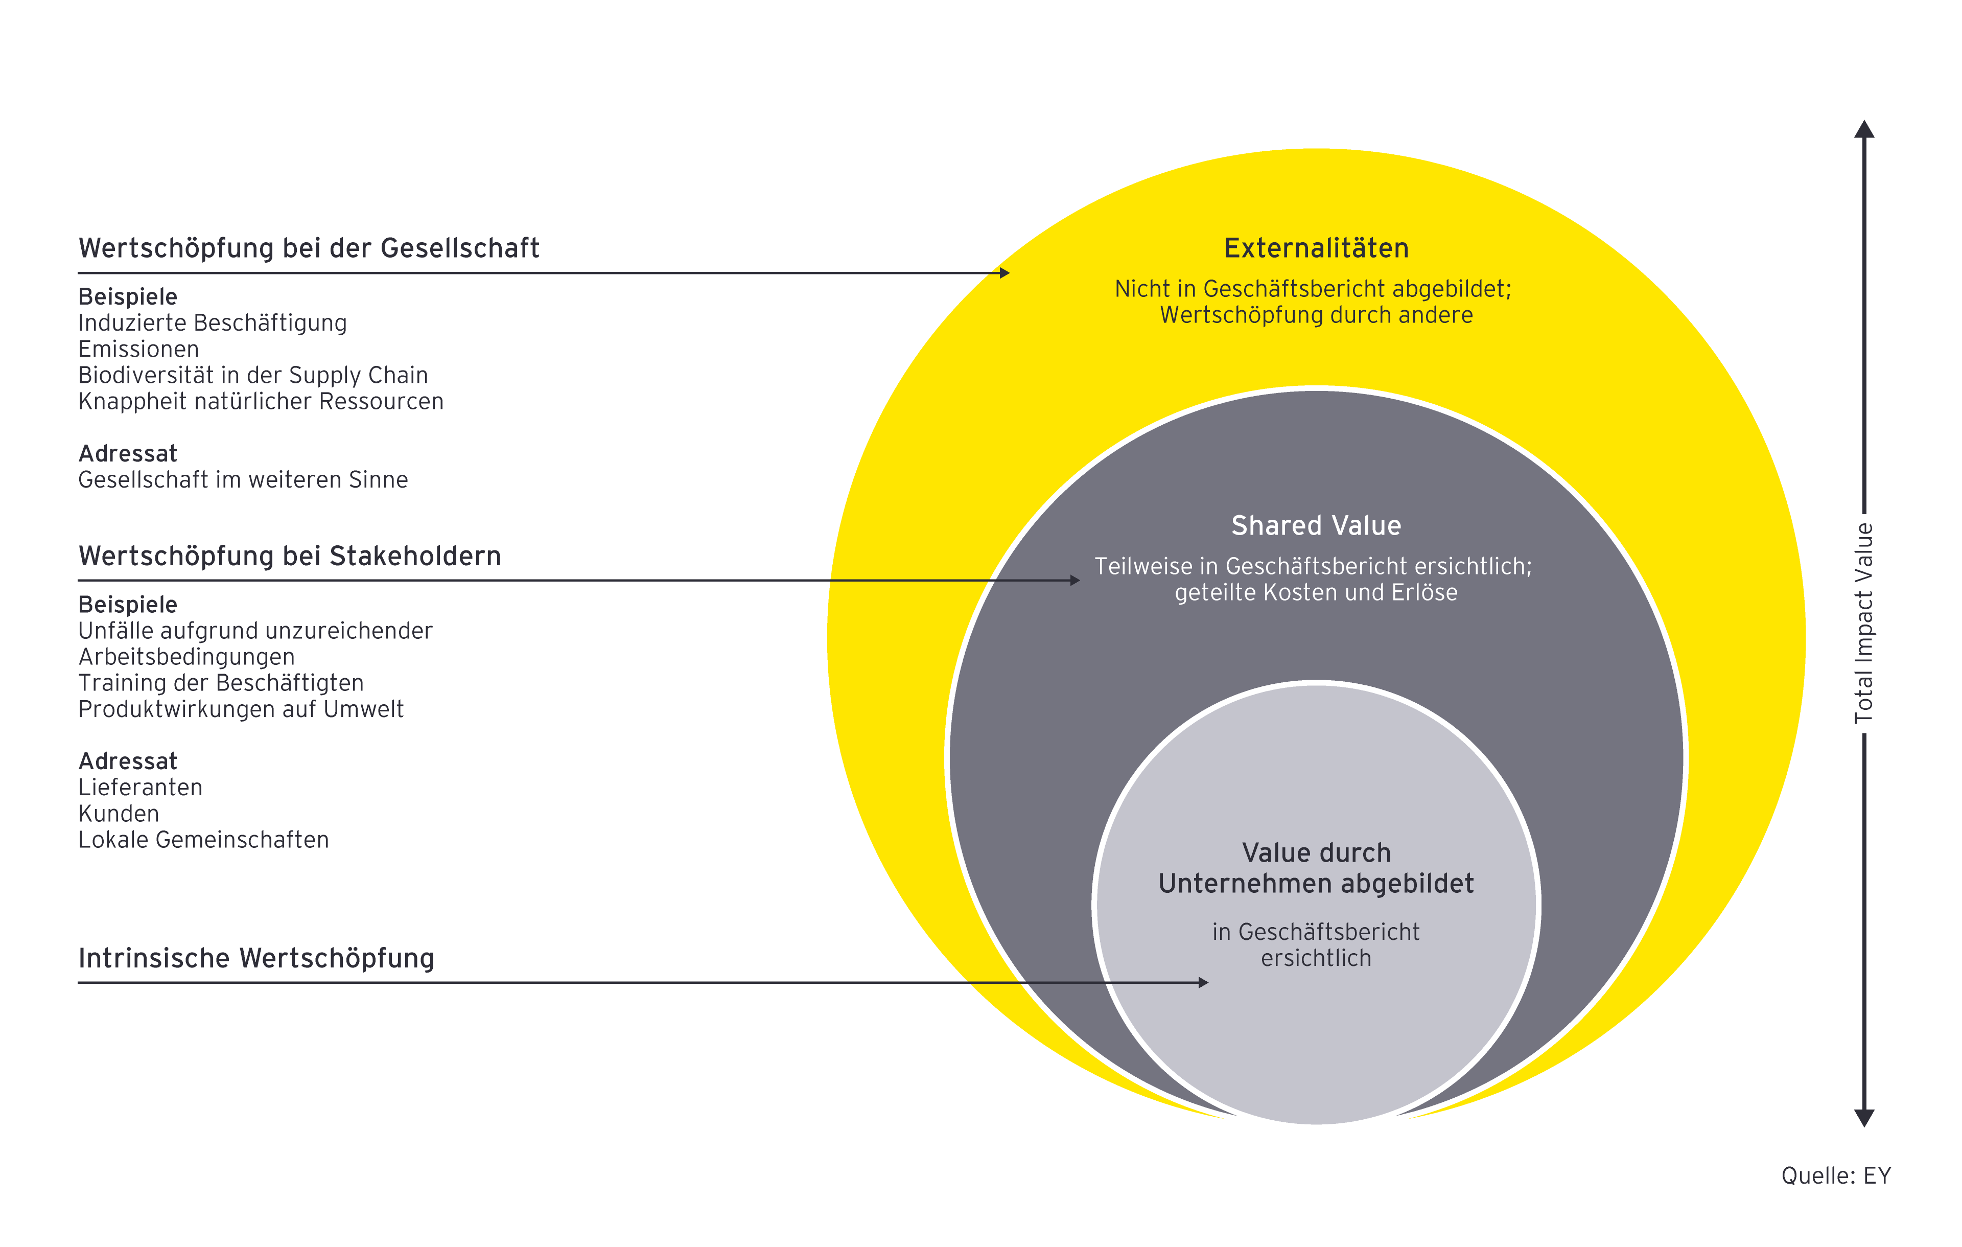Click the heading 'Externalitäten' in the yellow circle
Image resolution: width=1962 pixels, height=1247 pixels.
tap(1316, 248)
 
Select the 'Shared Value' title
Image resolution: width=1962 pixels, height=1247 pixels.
tap(1316, 526)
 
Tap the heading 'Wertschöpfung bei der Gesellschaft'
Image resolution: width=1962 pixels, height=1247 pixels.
tap(309, 248)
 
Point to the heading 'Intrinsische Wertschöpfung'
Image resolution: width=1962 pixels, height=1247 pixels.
tap(256, 958)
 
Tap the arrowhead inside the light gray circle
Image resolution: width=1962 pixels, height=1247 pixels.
tap(1203, 983)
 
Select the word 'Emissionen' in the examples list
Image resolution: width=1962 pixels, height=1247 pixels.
tap(138, 349)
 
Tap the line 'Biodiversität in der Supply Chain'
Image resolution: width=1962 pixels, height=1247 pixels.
tap(252, 375)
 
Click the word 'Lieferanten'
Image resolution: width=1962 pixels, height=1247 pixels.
tap(140, 788)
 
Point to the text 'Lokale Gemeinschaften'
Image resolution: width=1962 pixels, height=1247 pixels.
tap(204, 840)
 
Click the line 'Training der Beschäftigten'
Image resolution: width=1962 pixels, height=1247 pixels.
tap(221, 683)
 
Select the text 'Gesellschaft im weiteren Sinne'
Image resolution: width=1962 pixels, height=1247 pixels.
tap(243, 479)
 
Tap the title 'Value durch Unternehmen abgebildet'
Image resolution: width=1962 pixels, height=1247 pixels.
tap(1316, 868)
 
